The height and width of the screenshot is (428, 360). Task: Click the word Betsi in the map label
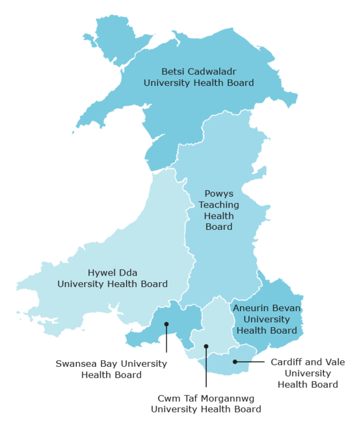coord(167,70)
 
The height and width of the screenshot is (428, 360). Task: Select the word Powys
coord(219,194)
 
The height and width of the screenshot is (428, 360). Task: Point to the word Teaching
coord(219,205)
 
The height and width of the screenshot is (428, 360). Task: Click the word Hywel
coord(101,273)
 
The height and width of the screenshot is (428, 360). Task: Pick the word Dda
coord(128,273)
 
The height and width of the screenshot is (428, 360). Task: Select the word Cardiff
coord(287,362)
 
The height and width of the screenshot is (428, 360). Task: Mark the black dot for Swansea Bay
coord(166,324)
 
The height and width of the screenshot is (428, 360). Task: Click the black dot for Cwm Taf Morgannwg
coord(206,346)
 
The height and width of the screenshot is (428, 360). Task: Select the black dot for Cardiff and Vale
coord(236,361)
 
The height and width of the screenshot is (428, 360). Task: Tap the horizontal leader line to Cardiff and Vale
coord(251,361)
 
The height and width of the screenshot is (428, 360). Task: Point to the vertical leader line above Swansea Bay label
coord(166,339)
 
